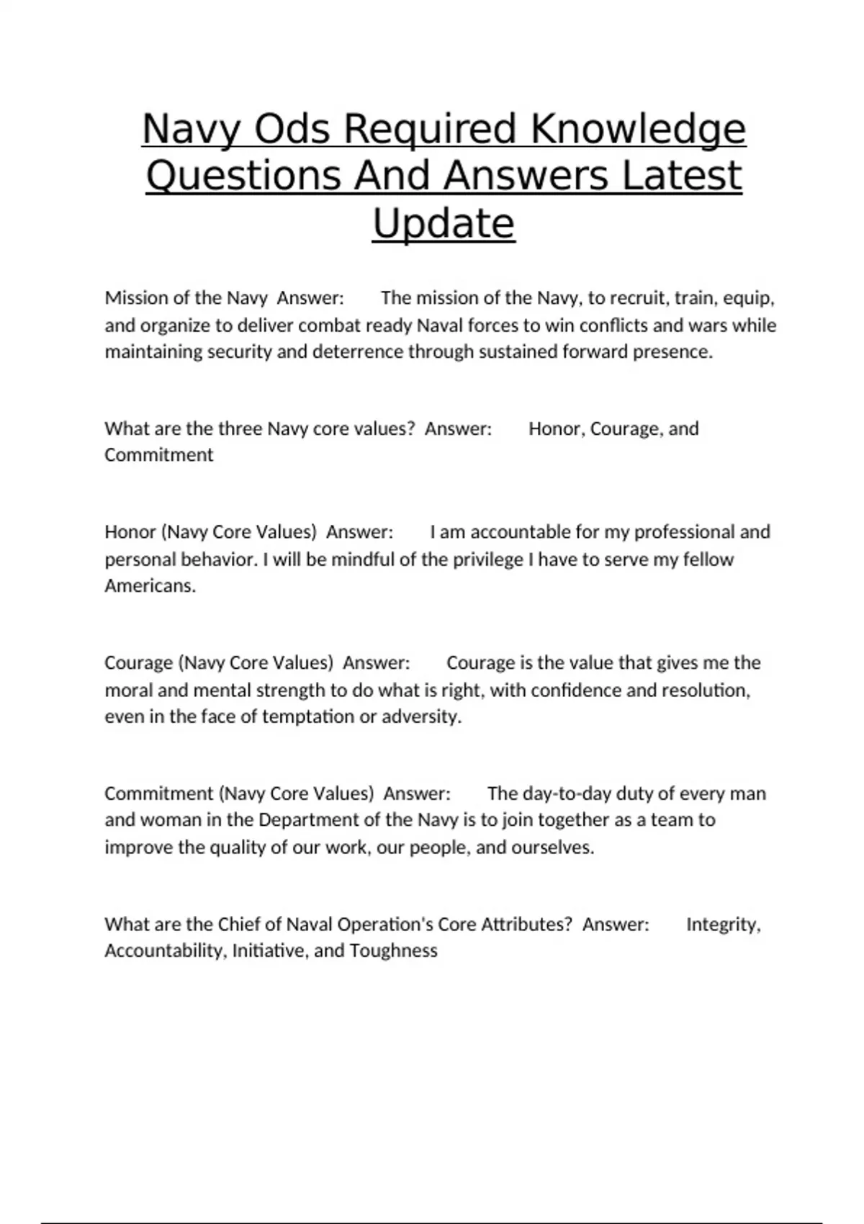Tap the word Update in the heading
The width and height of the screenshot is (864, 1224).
coord(444,223)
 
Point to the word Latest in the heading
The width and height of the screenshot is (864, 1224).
coord(681,176)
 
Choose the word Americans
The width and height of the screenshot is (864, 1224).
coord(150,586)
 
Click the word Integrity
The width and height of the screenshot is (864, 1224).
coord(723,924)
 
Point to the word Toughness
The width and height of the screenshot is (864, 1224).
coord(393,951)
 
